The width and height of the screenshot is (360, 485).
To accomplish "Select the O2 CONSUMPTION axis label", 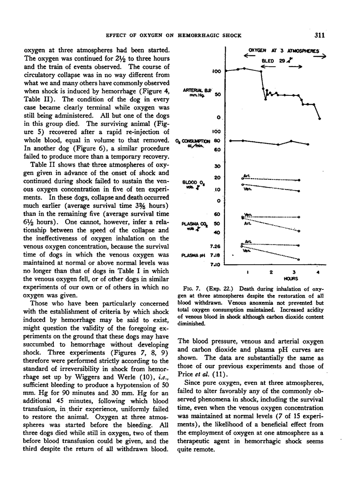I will click(x=193, y=141).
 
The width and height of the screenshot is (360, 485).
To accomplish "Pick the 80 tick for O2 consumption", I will click(x=216, y=141).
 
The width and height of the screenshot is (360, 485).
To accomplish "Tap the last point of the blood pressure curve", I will click(x=320, y=118).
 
